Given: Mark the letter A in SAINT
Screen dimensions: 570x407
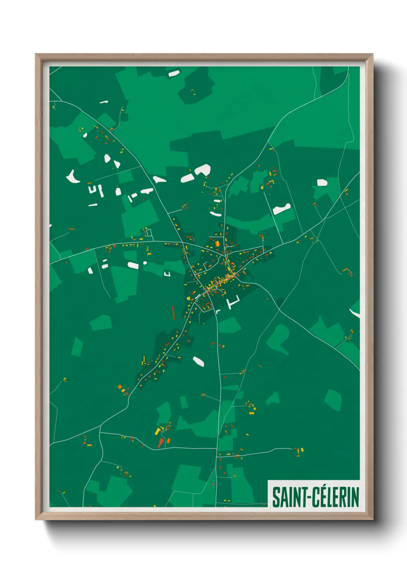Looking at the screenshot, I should point(284,497).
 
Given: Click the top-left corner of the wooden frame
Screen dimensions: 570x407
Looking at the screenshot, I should point(36,55).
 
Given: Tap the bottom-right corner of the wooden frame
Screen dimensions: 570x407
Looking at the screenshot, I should point(372,519).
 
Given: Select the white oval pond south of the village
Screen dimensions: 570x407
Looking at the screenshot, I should point(198,361).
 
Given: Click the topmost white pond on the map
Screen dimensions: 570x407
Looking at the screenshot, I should point(174,73).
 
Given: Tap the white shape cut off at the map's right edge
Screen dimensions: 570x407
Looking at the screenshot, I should point(355,313).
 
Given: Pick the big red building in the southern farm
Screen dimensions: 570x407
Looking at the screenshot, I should point(160,443).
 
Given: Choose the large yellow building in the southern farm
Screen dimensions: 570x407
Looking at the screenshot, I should point(157,431).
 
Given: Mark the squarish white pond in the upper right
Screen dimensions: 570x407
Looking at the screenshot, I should point(322,183).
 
